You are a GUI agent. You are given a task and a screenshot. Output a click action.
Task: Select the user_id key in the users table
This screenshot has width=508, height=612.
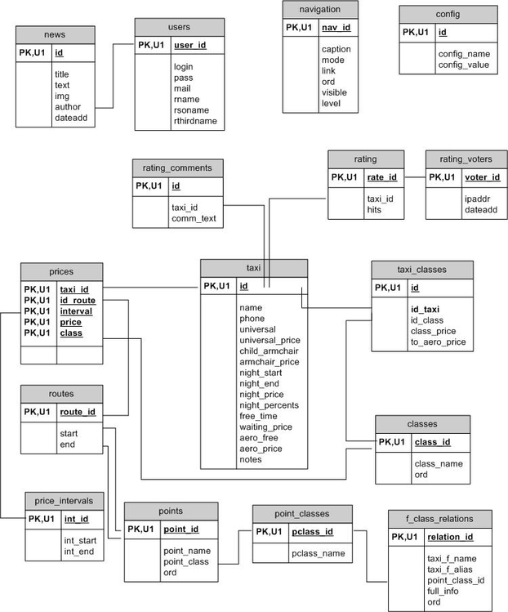190,47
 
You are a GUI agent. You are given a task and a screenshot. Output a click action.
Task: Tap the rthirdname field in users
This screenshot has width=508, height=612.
195,121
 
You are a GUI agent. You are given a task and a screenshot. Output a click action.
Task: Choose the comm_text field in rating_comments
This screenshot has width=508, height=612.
193,219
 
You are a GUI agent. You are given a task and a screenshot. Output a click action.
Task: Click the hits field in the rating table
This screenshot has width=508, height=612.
374,210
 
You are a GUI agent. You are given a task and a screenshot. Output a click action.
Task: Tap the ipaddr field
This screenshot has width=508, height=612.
455,199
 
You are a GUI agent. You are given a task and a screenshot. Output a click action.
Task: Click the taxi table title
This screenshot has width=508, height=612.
254,268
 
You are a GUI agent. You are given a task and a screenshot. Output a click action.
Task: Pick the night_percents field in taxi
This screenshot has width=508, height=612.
269,404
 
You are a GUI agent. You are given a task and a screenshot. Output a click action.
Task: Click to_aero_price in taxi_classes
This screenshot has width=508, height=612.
437,342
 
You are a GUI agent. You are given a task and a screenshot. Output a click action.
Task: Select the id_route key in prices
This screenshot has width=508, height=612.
78,300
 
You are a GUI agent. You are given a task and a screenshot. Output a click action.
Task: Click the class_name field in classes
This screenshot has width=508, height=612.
439,463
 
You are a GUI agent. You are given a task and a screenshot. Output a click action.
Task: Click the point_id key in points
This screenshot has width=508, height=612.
180,529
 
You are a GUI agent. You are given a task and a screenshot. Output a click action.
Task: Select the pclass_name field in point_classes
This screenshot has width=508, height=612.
319,554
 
